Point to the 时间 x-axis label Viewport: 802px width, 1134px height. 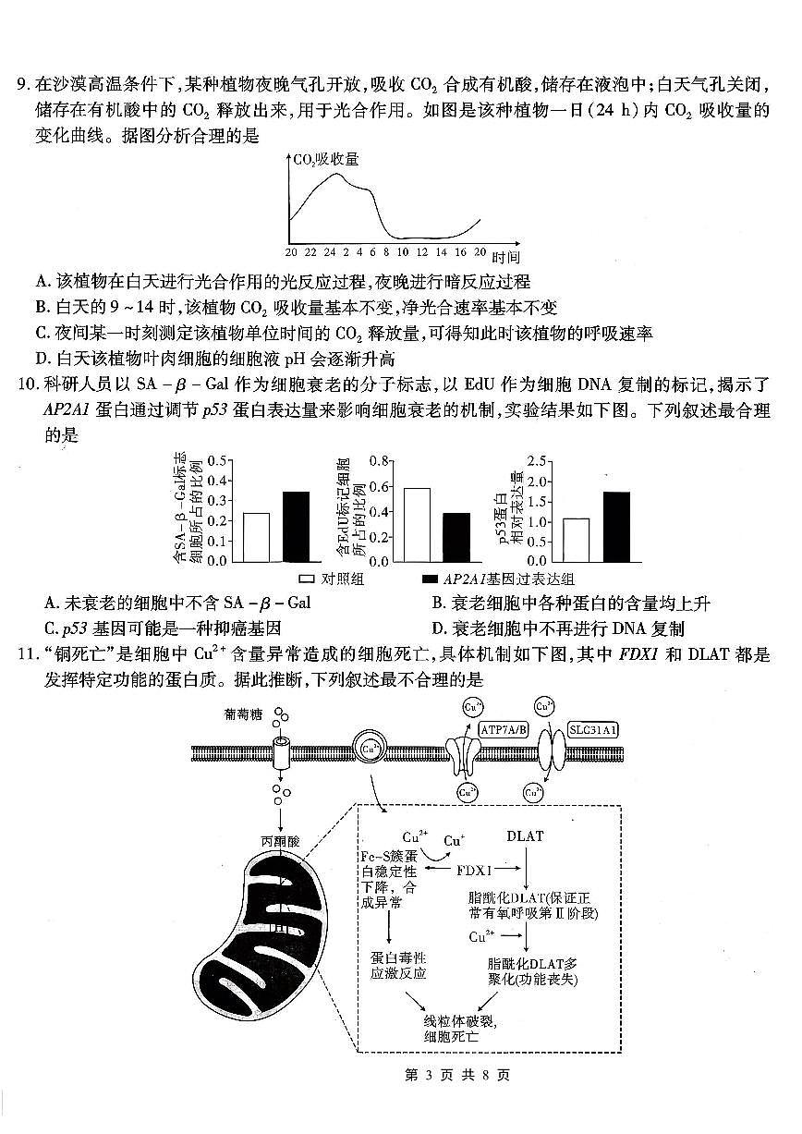(505, 257)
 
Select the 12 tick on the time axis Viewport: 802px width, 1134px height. (421, 251)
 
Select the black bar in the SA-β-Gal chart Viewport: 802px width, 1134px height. (296, 526)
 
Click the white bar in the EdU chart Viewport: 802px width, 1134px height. (417, 524)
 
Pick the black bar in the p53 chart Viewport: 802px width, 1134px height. (616, 526)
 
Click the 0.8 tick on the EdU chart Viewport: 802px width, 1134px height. (376, 460)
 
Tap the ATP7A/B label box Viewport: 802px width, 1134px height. (504, 729)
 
